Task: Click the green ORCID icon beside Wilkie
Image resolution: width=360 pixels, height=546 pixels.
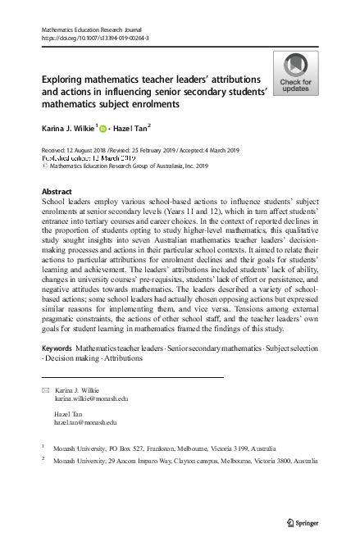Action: click(x=103, y=129)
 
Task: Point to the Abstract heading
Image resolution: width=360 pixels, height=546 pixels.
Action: click(x=57, y=190)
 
